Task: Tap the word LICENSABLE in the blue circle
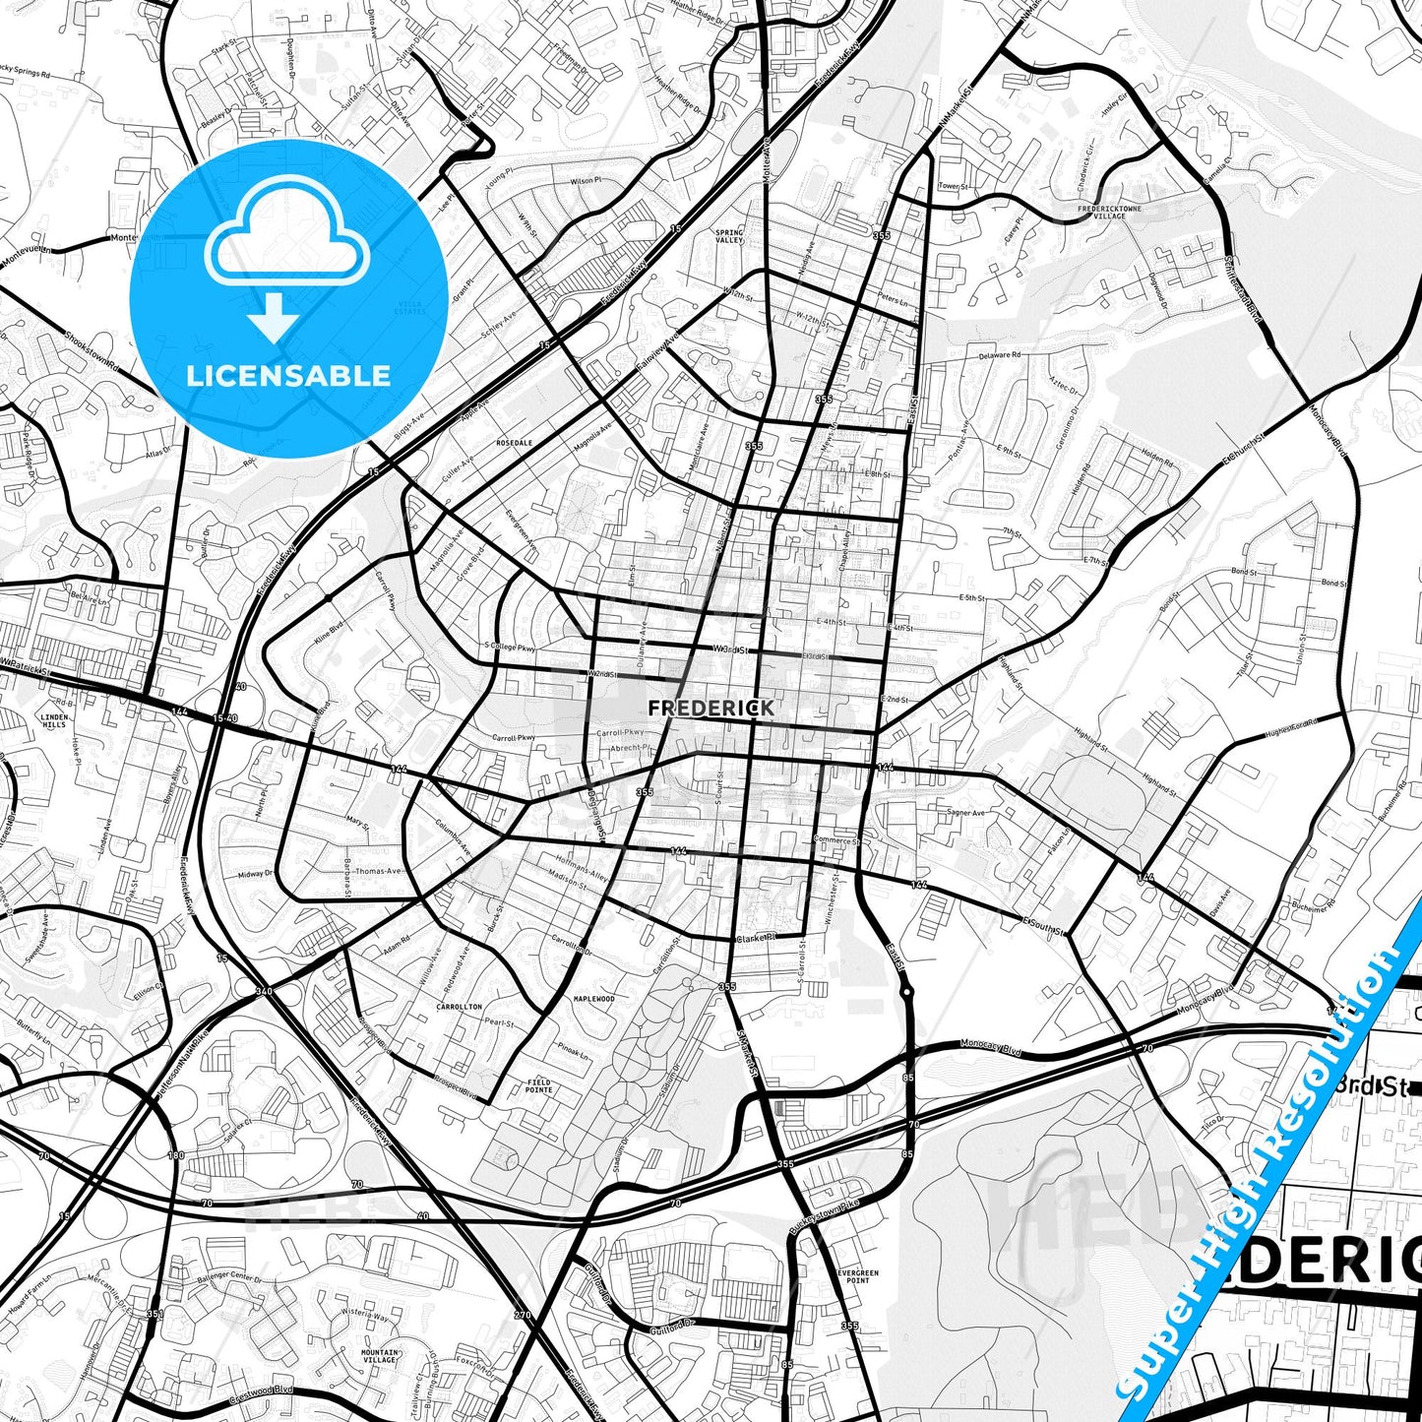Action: tap(288, 376)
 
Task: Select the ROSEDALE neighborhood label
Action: tap(514, 443)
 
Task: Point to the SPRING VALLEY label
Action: tap(729, 236)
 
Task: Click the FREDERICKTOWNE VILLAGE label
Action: tap(1109, 212)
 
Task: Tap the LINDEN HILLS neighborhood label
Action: tap(54, 720)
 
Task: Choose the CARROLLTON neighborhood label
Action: tap(459, 1007)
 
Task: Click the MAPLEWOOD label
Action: tap(593, 999)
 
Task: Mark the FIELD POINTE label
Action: tap(538, 1086)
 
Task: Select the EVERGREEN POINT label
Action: tap(857, 1276)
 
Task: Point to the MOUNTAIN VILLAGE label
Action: tap(379, 1355)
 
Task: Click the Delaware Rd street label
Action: tap(999, 355)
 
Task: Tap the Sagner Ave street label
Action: tap(965, 813)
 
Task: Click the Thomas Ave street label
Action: tap(378, 871)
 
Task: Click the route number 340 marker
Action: tap(263, 991)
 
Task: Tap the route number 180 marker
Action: tap(175, 1155)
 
